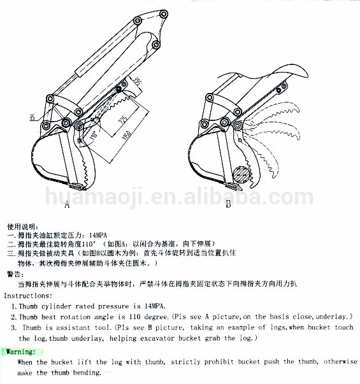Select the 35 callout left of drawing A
click(32, 117)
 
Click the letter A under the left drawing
click(66, 205)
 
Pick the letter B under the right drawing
click(228, 204)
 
